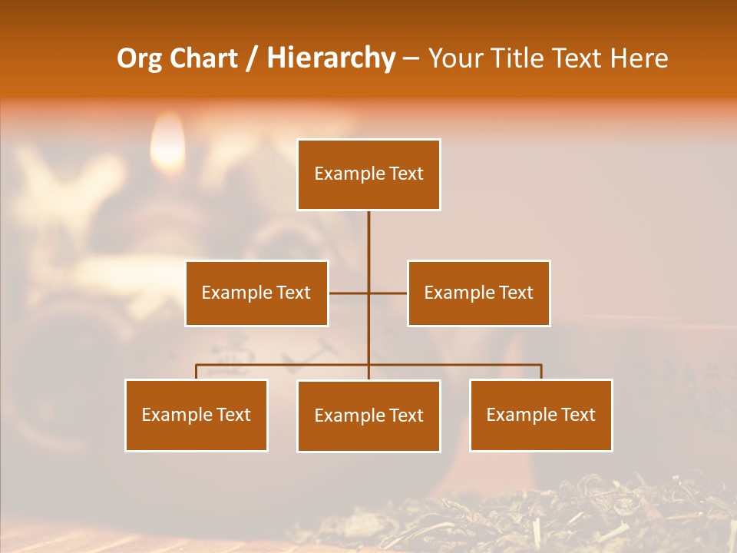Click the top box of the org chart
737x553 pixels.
(x=368, y=174)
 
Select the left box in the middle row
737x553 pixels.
(x=256, y=293)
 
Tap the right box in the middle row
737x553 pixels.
(x=478, y=293)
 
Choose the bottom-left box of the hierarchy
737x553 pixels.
(x=197, y=415)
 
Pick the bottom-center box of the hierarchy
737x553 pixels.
(x=368, y=416)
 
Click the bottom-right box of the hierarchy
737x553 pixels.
(x=541, y=415)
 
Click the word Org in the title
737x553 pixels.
(x=137, y=58)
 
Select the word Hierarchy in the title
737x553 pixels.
(x=330, y=58)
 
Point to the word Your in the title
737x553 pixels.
(x=454, y=58)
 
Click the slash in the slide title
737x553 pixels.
(x=253, y=58)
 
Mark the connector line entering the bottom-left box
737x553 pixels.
(x=197, y=372)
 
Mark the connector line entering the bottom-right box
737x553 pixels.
(x=541, y=372)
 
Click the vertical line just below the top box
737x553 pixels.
(x=368, y=230)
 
